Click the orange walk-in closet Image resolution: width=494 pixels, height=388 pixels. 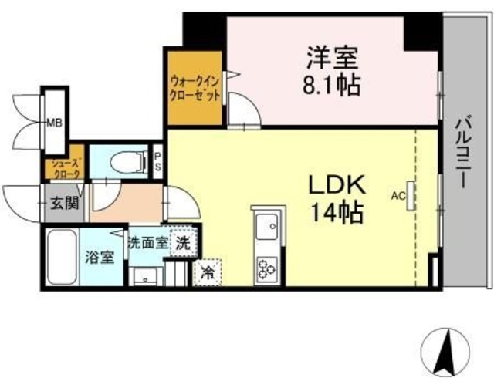click(194, 89)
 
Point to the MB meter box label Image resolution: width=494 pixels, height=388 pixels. click(54, 123)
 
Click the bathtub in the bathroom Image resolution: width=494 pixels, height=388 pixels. click(59, 258)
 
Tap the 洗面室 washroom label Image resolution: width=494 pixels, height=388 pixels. click(147, 241)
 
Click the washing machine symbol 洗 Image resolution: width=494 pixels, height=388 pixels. click(183, 241)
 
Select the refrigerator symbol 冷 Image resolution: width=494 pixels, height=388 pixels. click(208, 272)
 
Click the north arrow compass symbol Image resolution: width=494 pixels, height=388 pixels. click(445, 351)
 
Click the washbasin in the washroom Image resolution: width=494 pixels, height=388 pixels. click(144, 277)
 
